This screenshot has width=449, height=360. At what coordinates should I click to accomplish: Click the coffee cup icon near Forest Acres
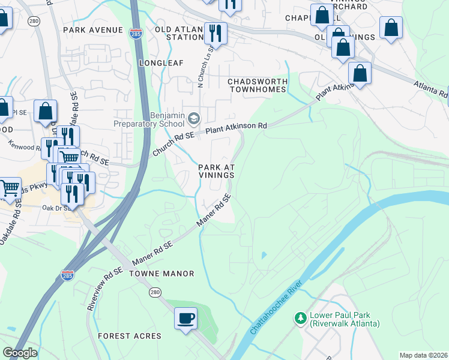point(185,317)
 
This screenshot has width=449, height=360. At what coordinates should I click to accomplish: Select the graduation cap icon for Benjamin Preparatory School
point(193,118)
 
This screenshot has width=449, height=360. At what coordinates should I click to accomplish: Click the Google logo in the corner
point(20,353)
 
